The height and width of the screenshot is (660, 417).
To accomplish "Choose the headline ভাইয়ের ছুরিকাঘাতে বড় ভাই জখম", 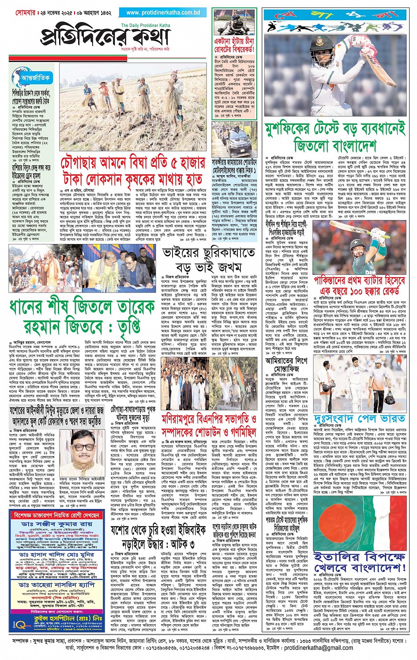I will pos(208,260).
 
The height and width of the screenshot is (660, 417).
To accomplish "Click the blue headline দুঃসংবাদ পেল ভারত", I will pos(360,418).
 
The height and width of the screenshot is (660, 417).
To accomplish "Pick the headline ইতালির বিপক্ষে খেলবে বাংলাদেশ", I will pos(359,561).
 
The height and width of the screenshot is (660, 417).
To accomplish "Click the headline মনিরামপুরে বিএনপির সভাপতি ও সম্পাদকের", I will pos(209,424).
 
